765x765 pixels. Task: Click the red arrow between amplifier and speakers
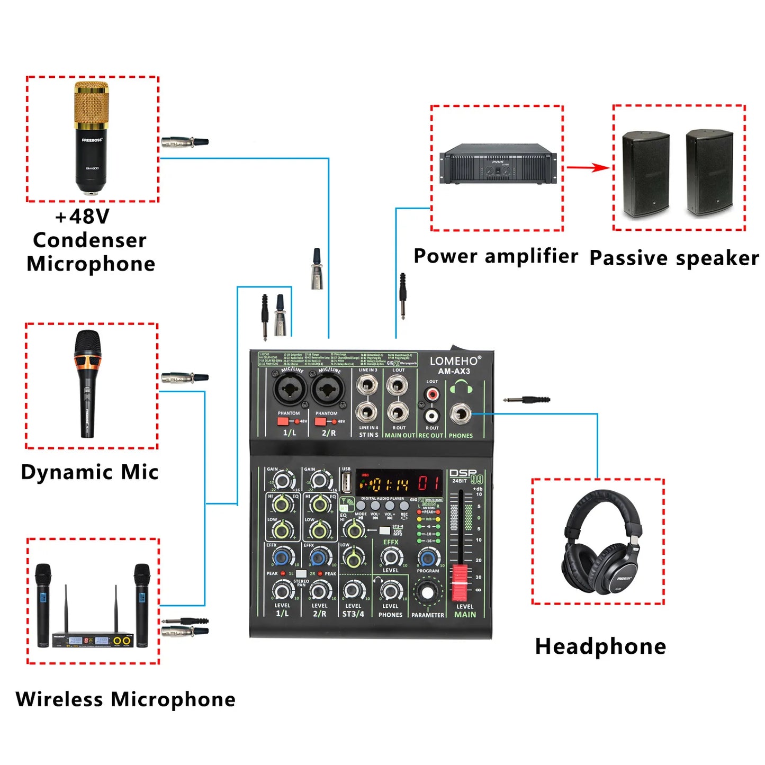click(588, 168)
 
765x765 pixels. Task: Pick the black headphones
click(601, 545)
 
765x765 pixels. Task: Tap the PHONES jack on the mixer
click(460, 414)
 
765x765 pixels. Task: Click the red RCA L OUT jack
click(433, 394)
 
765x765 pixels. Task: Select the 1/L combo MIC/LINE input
click(290, 390)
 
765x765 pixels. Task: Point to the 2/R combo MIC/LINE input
click(328, 390)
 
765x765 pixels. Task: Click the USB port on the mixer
click(346, 482)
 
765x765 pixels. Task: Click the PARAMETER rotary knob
click(427, 592)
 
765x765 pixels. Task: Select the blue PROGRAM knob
click(428, 557)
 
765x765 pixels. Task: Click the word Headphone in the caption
click(600, 646)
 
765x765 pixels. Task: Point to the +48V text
click(83, 217)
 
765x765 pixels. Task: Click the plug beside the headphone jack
click(527, 400)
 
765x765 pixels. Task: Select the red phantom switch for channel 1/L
click(283, 421)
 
